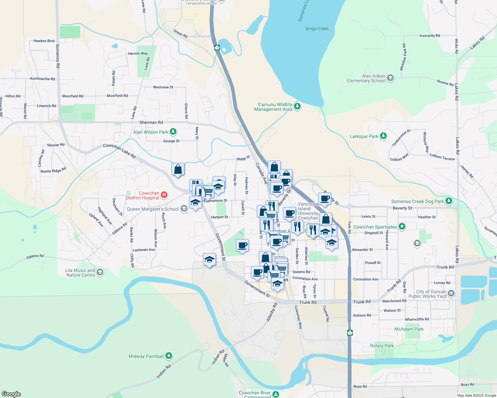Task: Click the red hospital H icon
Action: (x=164, y=195)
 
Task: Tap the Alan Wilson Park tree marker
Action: (x=173, y=132)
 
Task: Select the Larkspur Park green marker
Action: (x=383, y=136)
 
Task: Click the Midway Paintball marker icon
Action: (x=169, y=356)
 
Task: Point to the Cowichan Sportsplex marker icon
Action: (x=402, y=227)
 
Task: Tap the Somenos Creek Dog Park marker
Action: (x=449, y=201)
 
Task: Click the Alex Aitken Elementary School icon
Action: (x=390, y=78)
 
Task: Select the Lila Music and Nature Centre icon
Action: (x=100, y=272)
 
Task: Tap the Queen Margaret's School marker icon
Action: (x=184, y=209)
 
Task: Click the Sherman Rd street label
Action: (x=151, y=122)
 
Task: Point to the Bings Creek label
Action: (x=317, y=29)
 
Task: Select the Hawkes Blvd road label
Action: (x=44, y=41)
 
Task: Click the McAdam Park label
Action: (x=409, y=329)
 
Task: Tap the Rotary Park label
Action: (x=382, y=346)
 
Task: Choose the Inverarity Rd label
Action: (x=430, y=35)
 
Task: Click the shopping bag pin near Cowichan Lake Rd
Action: (x=178, y=169)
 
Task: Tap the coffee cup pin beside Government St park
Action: (x=243, y=245)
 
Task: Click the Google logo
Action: (x=11, y=394)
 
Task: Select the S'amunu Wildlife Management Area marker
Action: (x=297, y=106)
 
